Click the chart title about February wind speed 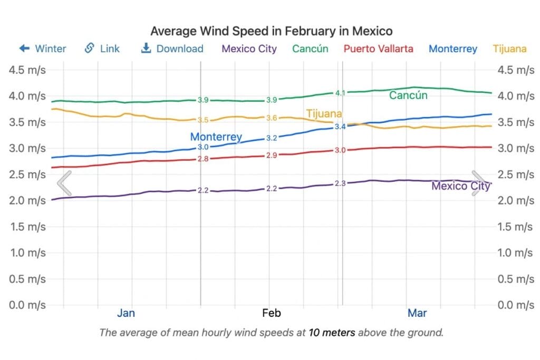(271, 31)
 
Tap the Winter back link (43, 49)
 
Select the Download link (172, 49)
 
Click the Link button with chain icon (102, 49)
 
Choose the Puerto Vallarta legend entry (378, 49)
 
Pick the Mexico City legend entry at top (249, 49)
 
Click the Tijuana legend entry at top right (509, 49)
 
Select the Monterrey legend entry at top (452, 49)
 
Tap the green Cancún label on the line (408, 95)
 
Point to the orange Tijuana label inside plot (324, 114)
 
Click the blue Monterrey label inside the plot (216, 137)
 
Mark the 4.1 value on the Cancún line (340, 93)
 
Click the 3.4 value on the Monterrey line (340, 127)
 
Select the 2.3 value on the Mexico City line (340, 183)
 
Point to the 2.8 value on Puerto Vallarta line (203, 159)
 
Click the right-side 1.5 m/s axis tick (515, 227)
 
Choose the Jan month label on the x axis (126, 313)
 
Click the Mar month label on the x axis (417, 313)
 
